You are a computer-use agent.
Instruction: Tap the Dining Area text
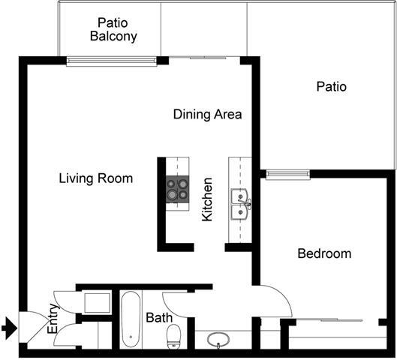pyautogui.click(x=207, y=115)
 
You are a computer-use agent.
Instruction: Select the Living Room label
pyautogui.click(x=96, y=178)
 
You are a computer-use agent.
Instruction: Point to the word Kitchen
pyautogui.click(x=208, y=199)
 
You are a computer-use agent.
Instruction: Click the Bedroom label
pyautogui.click(x=324, y=253)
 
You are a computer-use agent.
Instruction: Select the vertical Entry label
pyautogui.click(x=53, y=319)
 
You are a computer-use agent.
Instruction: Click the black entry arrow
pyautogui.click(x=9, y=327)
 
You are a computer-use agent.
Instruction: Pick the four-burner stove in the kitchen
pyautogui.click(x=178, y=190)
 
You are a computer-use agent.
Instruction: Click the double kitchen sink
pyautogui.click(x=241, y=203)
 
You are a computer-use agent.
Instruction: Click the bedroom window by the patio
pyautogui.click(x=287, y=175)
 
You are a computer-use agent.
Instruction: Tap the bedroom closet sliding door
pyautogui.click(x=334, y=321)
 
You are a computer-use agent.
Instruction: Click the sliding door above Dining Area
pyautogui.click(x=204, y=58)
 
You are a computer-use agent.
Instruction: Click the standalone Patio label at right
pyautogui.click(x=331, y=87)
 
